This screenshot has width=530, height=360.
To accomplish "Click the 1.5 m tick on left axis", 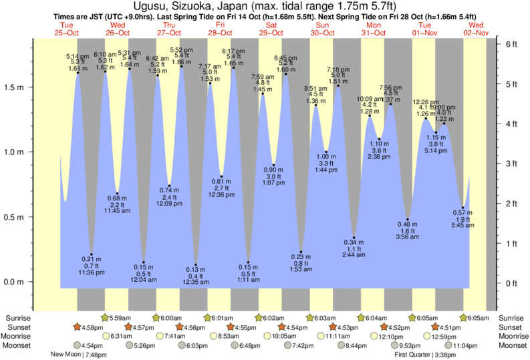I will [x=31, y=87].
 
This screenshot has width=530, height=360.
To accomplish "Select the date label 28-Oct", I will [x=219, y=32].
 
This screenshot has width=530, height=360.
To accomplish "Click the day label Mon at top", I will [x=373, y=25].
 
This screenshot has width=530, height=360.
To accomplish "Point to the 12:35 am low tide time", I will [x=195, y=283].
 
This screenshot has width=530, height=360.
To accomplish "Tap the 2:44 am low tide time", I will [x=354, y=254].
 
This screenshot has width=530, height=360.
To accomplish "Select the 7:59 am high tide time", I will [x=263, y=77].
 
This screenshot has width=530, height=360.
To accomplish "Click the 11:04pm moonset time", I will [x=467, y=345].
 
